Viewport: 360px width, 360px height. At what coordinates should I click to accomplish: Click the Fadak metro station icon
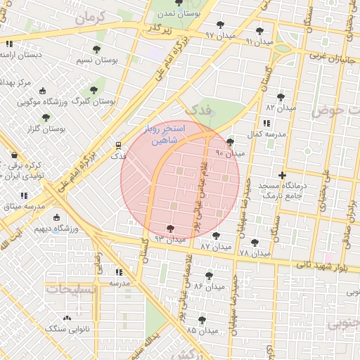[117, 146]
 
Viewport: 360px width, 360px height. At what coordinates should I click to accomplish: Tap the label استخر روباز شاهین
[164, 135]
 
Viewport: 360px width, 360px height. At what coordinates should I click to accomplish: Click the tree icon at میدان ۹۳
[170, 229]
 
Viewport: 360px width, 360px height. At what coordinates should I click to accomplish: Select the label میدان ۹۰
[230, 153]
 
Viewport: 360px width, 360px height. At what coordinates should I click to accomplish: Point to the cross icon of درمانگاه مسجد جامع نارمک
[283, 175]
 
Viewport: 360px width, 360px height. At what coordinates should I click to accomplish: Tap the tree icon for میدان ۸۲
[281, 97]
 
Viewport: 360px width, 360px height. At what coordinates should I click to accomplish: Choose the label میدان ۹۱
[259, 42]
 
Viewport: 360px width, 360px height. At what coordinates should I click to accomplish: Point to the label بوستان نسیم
[96, 61]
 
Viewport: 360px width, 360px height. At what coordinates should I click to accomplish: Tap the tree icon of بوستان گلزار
[46, 118]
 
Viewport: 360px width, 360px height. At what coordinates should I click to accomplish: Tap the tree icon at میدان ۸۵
[202, 319]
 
